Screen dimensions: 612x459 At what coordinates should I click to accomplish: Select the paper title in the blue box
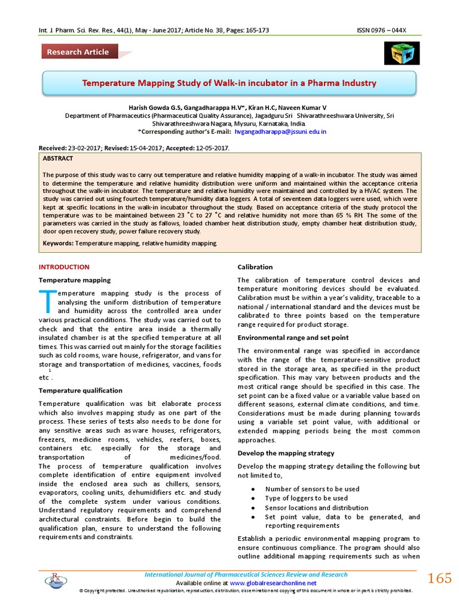click(x=229, y=82)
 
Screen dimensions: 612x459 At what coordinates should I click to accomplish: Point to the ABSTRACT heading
click(x=58, y=158)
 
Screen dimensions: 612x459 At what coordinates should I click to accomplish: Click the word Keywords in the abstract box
click(x=58, y=243)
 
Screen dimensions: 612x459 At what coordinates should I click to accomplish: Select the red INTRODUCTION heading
click(x=64, y=267)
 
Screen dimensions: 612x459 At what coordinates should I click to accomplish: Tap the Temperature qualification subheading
click(x=80, y=390)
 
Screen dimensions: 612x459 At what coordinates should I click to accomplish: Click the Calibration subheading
click(x=255, y=267)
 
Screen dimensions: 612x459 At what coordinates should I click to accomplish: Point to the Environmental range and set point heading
click(x=293, y=337)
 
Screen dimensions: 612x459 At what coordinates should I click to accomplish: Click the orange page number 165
click(x=440, y=578)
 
